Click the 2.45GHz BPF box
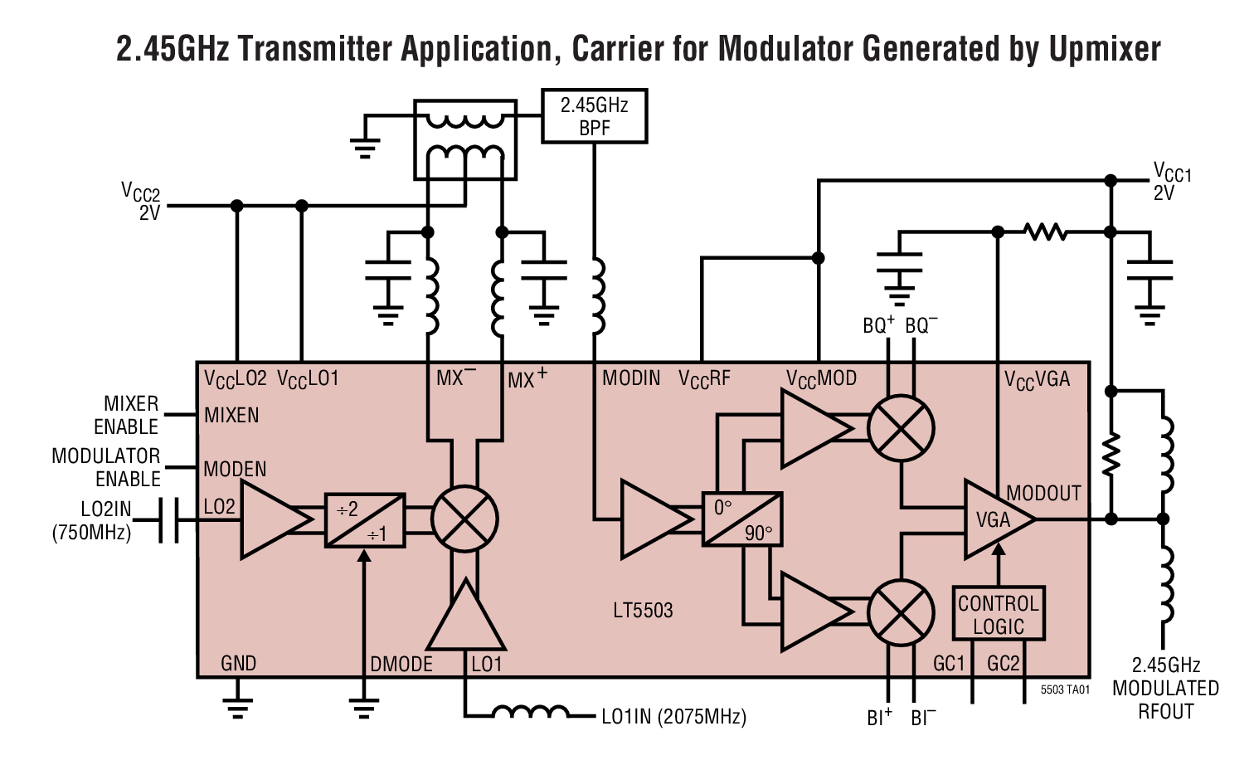tap(594, 116)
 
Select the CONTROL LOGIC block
tap(998, 615)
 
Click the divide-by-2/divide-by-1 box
tap(365, 520)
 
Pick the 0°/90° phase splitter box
tap(742, 519)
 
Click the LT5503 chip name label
tap(643, 611)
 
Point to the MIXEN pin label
tap(231, 415)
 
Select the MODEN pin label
tap(235, 469)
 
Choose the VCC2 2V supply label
tap(141, 201)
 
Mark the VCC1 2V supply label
tap(1171, 182)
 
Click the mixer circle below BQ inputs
tap(901, 429)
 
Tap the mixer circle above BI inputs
tap(901, 612)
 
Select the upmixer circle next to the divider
tap(464, 519)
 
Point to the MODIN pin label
tap(631, 378)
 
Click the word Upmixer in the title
tap(1105, 48)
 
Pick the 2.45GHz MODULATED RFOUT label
tap(1165, 688)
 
